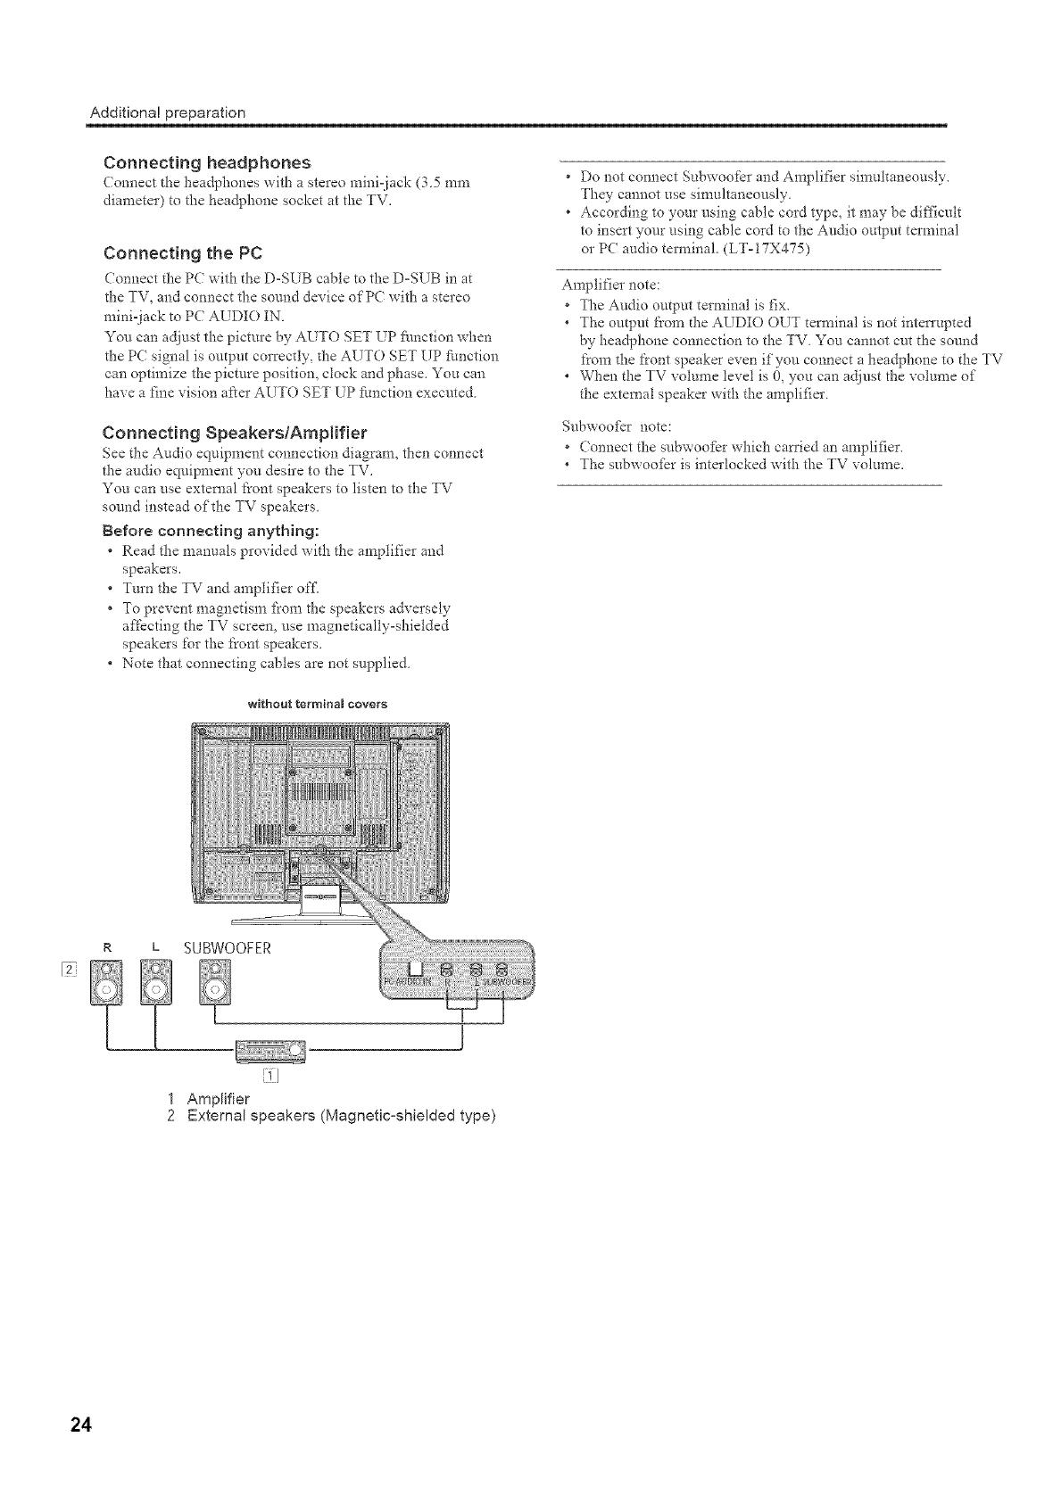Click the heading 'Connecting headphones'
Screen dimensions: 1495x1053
coord(207,162)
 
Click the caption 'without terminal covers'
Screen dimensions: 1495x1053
coord(317,704)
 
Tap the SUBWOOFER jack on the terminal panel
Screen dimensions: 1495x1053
coord(503,970)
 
